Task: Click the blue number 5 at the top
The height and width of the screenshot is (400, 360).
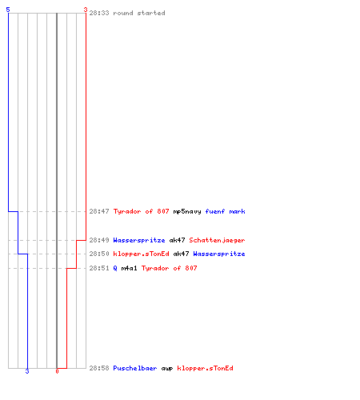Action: click(8, 10)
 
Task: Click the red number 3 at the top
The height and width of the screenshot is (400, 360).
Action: click(86, 10)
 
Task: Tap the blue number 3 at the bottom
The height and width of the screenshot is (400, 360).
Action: click(27, 371)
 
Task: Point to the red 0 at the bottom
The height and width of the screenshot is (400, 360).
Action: click(57, 371)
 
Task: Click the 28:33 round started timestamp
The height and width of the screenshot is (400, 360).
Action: click(99, 13)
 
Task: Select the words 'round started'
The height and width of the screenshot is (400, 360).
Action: click(139, 13)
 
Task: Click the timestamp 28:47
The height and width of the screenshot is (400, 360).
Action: click(99, 211)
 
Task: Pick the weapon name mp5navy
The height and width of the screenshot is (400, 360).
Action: click(187, 211)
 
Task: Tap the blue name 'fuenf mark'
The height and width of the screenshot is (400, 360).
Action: click(225, 211)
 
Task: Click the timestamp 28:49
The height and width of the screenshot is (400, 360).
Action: click(99, 240)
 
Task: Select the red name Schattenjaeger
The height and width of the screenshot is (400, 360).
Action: click(217, 240)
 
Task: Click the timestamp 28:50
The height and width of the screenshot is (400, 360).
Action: click(99, 254)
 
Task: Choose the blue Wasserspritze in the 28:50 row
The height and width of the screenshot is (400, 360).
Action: click(219, 254)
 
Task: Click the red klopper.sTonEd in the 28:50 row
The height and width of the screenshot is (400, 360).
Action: click(141, 254)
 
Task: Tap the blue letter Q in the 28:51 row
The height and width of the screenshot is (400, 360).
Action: click(115, 268)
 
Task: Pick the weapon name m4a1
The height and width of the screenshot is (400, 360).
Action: click(129, 268)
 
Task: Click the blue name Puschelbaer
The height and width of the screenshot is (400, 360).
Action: click(135, 368)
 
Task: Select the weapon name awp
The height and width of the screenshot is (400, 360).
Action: click(167, 369)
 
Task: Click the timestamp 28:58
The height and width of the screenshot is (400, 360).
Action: click(99, 368)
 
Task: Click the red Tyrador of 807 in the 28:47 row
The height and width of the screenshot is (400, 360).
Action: click(141, 211)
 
